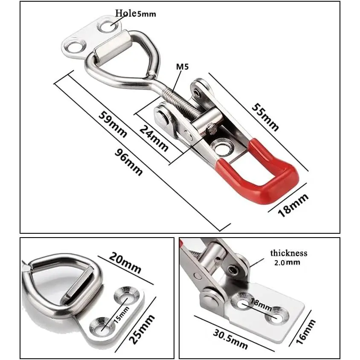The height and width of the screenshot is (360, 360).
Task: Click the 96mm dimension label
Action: [128, 163]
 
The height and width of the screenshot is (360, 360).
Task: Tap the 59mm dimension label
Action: [113, 125]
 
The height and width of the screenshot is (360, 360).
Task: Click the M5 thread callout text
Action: [182, 67]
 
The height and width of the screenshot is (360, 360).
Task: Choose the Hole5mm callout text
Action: [136, 13]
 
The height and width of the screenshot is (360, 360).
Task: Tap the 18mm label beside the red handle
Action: [293, 205]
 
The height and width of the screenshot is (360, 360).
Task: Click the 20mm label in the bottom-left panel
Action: [125, 263]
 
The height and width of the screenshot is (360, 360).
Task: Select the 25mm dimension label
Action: [142, 329]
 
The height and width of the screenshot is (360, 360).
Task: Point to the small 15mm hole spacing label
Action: [122, 314]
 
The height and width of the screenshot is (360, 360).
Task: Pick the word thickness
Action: [289, 253]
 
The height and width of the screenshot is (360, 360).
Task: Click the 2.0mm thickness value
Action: [287, 262]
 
